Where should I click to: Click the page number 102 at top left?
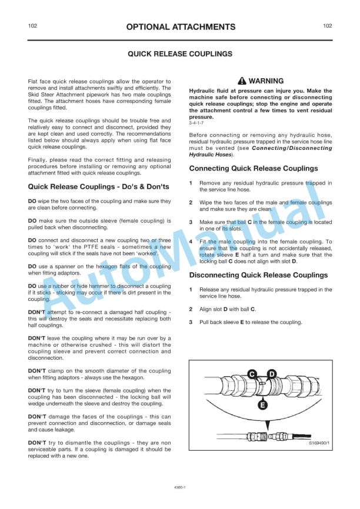coord(33,26)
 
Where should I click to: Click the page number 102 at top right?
coord(327,26)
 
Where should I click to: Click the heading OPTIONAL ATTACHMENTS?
coord(180,27)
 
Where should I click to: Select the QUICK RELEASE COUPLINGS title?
coord(180,53)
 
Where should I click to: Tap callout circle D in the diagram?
coord(271,374)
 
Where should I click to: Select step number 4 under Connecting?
coord(191,242)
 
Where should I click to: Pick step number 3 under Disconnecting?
coord(191,322)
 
